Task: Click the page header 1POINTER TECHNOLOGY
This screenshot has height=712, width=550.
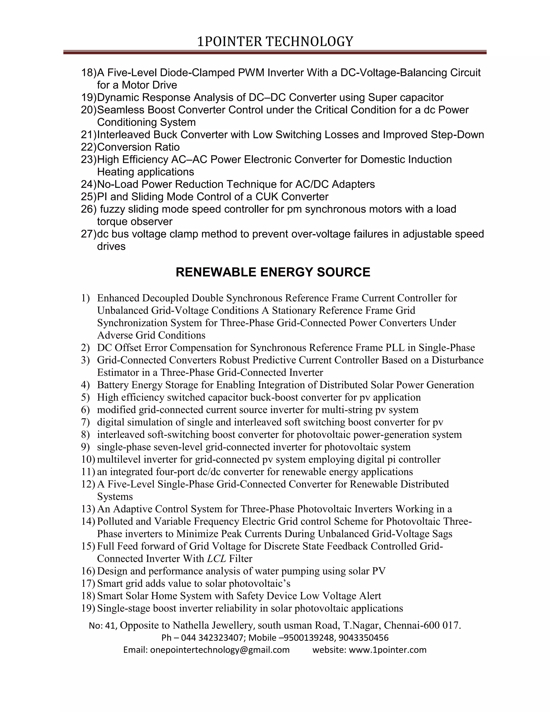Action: coord(275,42)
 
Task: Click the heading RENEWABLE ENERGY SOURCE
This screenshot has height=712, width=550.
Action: coord(273,272)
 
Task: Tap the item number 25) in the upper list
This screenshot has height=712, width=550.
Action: coord(88,197)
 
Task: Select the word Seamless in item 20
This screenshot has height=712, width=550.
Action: coord(121,110)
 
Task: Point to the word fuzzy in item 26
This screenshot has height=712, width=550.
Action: coord(113,209)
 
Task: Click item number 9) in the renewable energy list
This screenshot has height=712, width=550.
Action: coord(85,447)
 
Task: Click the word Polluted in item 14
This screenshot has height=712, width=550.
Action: coord(115,521)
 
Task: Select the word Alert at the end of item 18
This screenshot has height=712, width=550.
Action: coord(370,596)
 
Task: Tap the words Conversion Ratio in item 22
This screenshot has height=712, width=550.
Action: coord(138,147)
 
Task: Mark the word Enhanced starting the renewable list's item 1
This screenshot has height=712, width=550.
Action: coord(118,298)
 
